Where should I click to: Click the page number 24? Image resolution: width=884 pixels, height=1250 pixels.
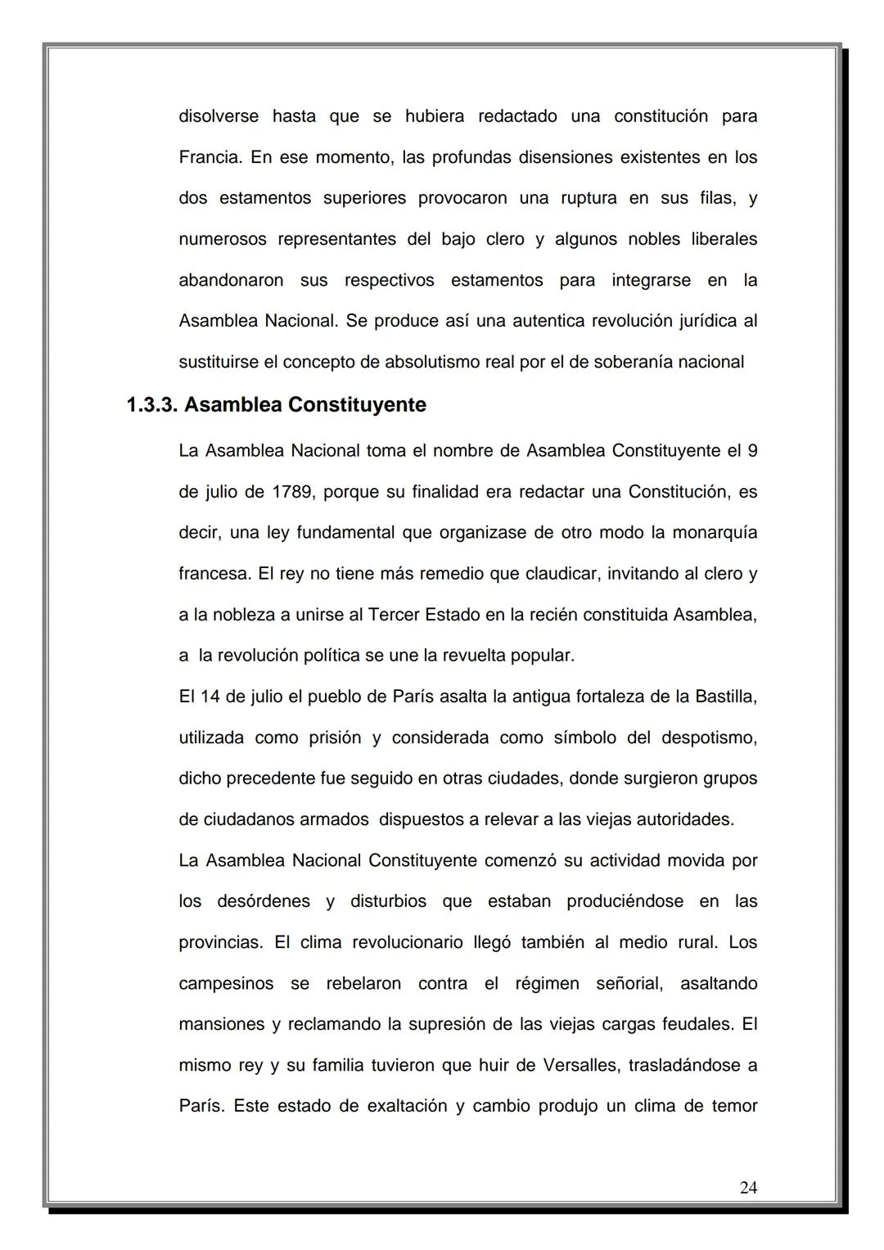tap(748, 1187)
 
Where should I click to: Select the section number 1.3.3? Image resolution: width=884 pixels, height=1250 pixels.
tap(152, 405)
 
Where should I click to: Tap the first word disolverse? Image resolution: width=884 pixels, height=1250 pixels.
tap(219, 116)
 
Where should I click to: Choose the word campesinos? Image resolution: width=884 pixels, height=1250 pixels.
tap(226, 984)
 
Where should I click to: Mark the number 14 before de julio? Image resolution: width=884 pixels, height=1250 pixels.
tap(210, 697)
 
